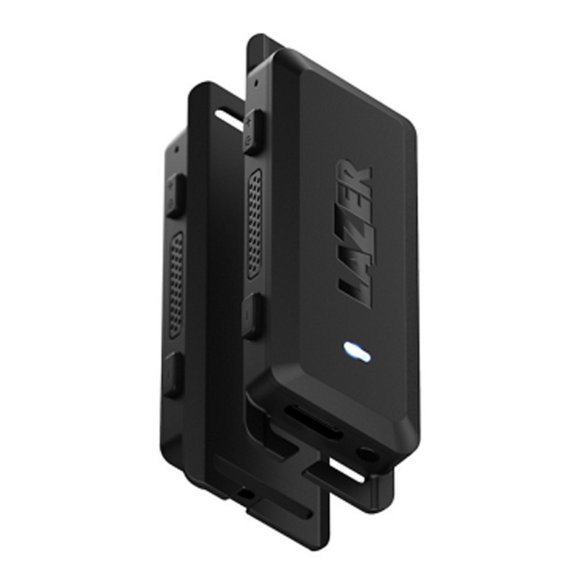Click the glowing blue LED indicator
356,352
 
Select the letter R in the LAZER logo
354,172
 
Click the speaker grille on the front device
255,224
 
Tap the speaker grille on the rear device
176,286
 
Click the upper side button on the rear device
175,196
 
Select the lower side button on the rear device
172,374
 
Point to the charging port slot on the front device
312,422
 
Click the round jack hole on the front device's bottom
368,454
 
